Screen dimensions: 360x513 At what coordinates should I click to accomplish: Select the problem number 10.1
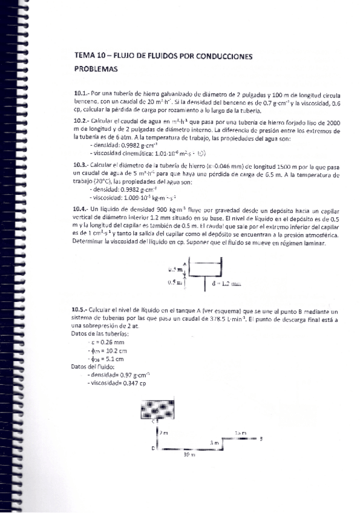coord(80,95)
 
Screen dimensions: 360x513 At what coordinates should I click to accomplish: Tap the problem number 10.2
coord(80,121)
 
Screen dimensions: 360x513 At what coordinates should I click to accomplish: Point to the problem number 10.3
coord(80,164)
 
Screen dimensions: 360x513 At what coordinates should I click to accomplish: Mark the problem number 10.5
coord(80,309)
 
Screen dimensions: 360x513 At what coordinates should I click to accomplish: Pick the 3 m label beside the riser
coord(214,443)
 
